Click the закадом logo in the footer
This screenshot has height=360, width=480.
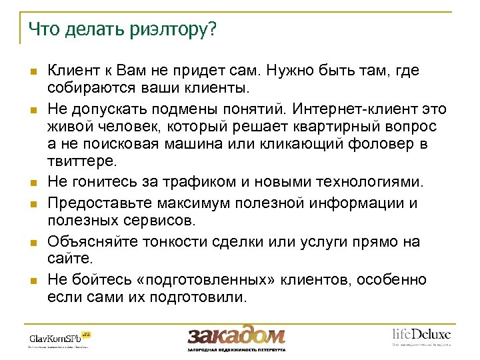click(x=236, y=335)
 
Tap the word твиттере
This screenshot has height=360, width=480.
click(x=82, y=161)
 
